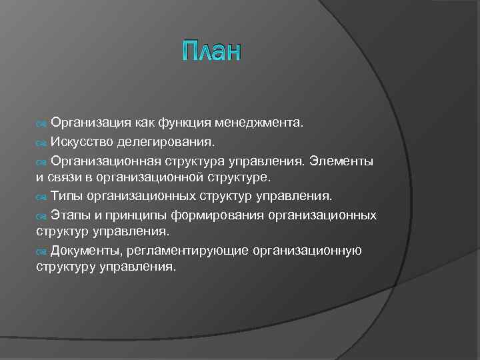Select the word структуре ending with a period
[x=239, y=178]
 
